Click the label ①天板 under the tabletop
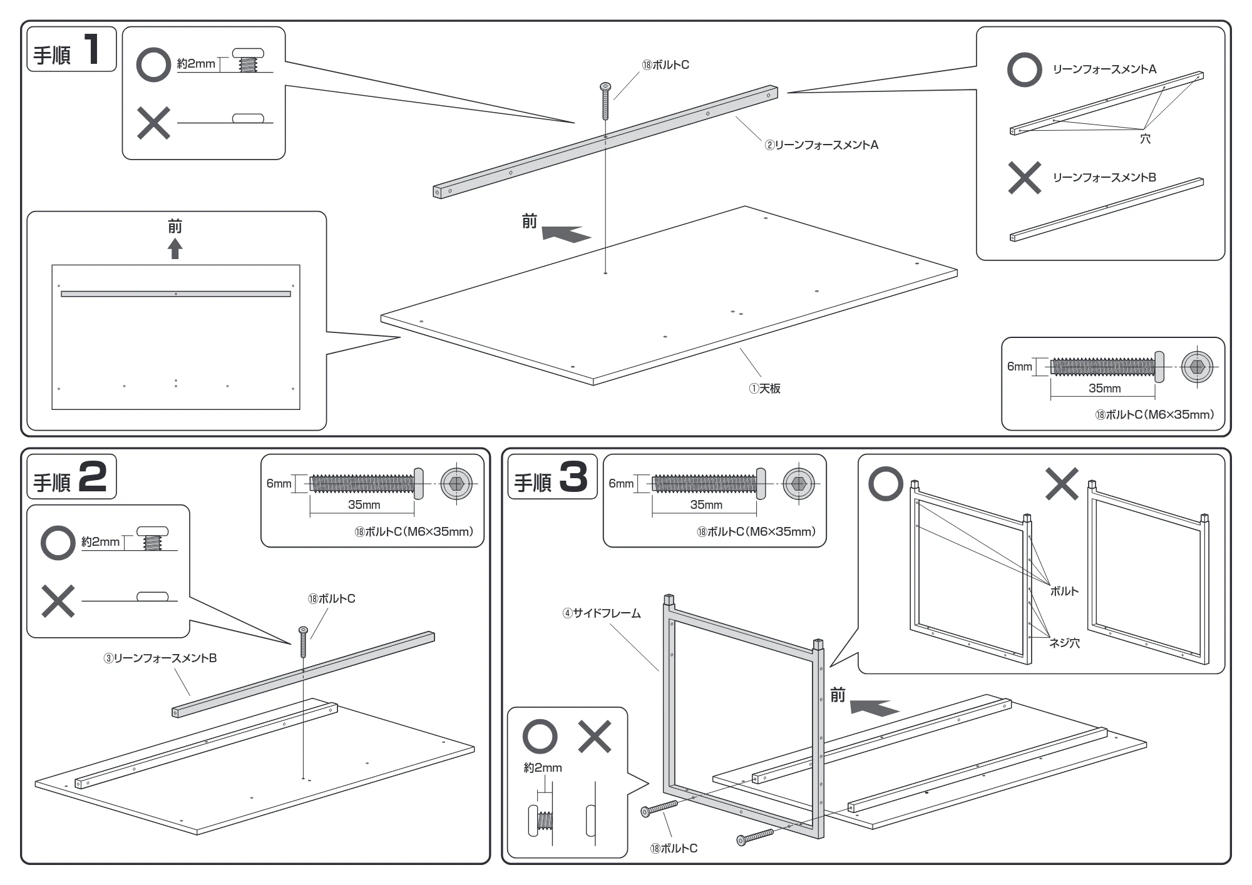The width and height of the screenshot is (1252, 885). pos(765,389)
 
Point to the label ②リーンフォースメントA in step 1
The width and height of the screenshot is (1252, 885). pos(821,145)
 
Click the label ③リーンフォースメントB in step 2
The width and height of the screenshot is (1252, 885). pos(160,658)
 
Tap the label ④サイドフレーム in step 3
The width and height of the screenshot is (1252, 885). pos(602,613)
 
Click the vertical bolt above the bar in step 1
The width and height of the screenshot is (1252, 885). pos(605,101)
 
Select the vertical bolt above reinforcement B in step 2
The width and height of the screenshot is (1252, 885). pos(304,642)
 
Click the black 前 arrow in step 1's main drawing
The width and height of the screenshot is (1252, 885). pos(566,234)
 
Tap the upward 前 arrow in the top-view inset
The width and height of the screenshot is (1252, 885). pos(175,249)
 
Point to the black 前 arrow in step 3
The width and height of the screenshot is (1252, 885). pos(875,707)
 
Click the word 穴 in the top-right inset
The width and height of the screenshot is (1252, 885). pos(1145,139)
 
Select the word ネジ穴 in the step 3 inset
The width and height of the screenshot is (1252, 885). pos(1064,643)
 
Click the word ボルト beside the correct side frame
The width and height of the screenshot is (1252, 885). pos(1064,591)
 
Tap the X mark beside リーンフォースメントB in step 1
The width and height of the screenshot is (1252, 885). pos(1025,178)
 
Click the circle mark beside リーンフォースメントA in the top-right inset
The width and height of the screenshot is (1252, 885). pos(1025,69)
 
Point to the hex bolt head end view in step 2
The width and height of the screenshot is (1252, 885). pos(456,484)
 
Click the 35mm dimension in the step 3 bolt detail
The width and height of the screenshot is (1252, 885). pos(706,505)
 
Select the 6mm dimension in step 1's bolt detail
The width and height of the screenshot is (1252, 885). pos(1019,367)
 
